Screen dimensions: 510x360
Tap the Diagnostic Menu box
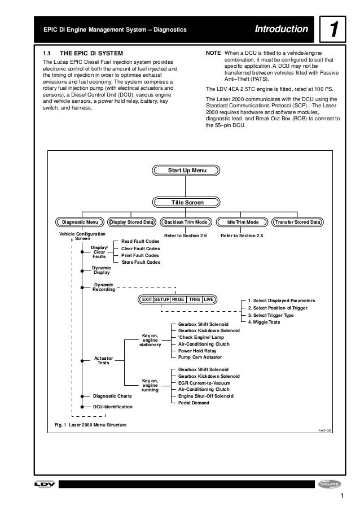point(80,222)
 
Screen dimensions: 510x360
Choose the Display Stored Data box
point(131,222)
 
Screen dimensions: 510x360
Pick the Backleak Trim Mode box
point(186,222)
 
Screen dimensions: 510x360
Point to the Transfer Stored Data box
point(297,222)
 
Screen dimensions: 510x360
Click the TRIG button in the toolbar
point(194,299)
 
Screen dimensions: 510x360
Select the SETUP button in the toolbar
point(163,299)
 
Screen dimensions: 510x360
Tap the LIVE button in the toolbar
point(209,299)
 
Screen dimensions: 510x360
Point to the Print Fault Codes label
point(141,255)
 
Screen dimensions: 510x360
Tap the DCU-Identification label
point(112,407)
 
